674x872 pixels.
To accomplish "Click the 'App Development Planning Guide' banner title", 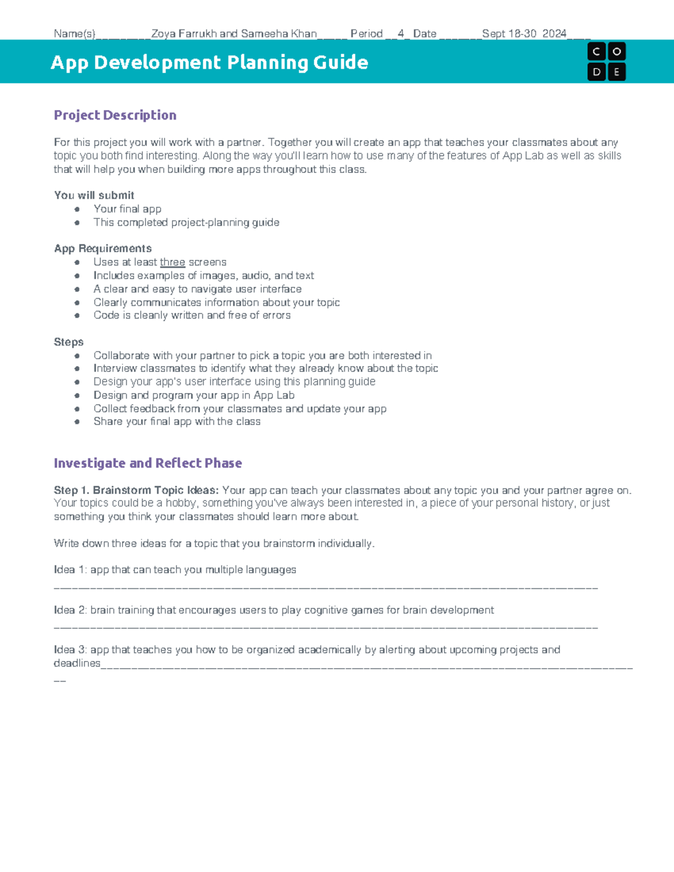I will click(x=210, y=62).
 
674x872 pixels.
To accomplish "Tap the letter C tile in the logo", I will click(x=596, y=52).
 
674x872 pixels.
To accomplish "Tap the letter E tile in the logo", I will click(x=617, y=72).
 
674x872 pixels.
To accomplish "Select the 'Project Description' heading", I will click(x=115, y=115).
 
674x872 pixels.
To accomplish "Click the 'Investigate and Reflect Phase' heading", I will click(x=148, y=463).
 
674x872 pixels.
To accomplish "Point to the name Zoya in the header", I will click(x=163, y=34).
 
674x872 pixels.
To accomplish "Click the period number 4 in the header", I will click(x=400, y=34).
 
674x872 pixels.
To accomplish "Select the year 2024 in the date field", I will click(x=554, y=34).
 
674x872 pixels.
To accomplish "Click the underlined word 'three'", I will click(x=172, y=262).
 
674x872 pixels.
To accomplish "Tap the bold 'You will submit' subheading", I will click(x=94, y=195).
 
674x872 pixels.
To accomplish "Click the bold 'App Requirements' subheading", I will click(x=103, y=248).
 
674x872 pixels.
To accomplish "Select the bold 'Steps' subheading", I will click(x=69, y=342).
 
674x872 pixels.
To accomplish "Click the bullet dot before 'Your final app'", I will click(x=77, y=209).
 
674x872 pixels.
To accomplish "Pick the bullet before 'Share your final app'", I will click(x=77, y=422).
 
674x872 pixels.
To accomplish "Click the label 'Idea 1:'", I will click(x=70, y=570).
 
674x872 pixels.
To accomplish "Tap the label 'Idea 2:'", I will click(x=70, y=610).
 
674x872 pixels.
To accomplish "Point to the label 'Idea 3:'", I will click(x=70, y=650).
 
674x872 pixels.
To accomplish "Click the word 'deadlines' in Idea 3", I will click(x=77, y=663).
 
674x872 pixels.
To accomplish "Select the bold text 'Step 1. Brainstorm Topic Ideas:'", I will click(x=136, y=490).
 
